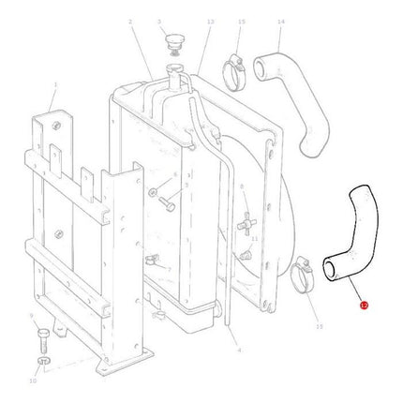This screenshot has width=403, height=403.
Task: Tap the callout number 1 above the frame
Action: pos(53,84)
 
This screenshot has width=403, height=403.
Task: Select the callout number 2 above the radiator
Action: pos(130,21)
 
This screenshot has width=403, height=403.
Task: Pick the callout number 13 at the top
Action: pos(210,21)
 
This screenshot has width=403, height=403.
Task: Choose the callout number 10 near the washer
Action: pos(34,381)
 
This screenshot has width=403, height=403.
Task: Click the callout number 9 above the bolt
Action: pos(33,316)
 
